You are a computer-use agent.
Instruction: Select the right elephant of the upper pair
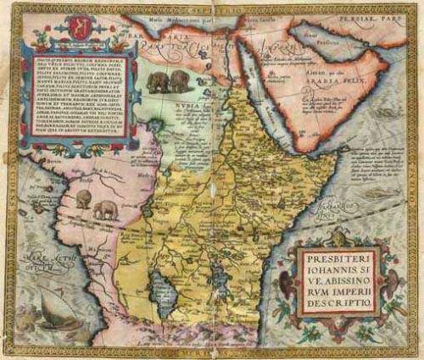178,81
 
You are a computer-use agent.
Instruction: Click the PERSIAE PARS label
387,14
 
